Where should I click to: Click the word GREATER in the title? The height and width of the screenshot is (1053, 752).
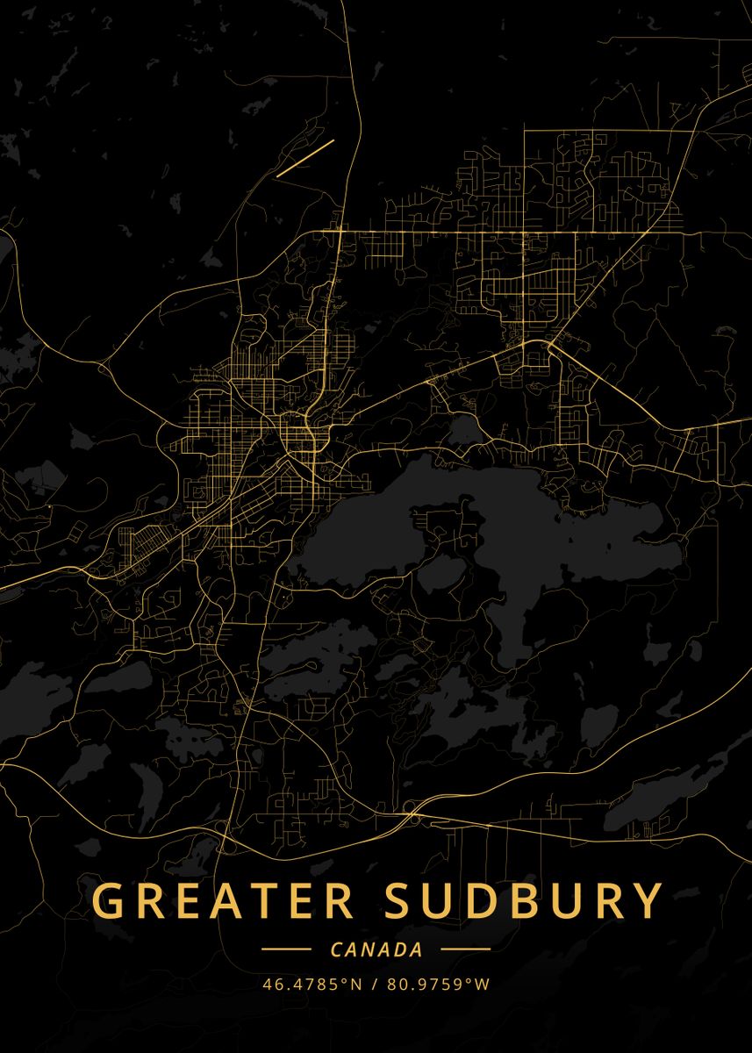coord(223,901)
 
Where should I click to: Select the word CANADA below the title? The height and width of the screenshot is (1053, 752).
coord(376,949)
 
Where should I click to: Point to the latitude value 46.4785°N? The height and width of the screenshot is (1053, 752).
coord(312,984)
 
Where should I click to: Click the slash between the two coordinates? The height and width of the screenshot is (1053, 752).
coord(376,984)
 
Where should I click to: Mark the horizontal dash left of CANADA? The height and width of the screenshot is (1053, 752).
coord(286,949)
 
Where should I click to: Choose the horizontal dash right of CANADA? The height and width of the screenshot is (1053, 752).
coord(465,949)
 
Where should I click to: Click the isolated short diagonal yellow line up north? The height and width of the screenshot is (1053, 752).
coord(305,158)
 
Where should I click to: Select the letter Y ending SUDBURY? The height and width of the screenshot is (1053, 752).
coord(647,901)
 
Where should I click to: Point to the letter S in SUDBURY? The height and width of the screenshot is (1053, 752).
coord(403,901)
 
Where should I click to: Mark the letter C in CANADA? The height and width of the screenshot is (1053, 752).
coord(337,949)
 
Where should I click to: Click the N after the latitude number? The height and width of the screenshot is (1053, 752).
coord(356,984)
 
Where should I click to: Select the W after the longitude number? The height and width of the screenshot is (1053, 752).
coord(483,984)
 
